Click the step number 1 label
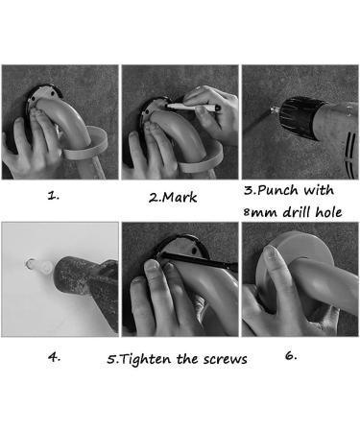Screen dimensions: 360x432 coord(54,196)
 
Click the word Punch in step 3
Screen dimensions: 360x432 coord(277,190)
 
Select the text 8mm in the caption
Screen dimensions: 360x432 coord(260,212)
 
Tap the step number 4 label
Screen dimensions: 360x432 coord(54,357)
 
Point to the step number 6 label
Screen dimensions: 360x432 coord(291,355)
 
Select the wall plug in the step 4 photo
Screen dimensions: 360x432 coord(39,266)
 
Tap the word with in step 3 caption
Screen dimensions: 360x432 coord(319,190)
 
